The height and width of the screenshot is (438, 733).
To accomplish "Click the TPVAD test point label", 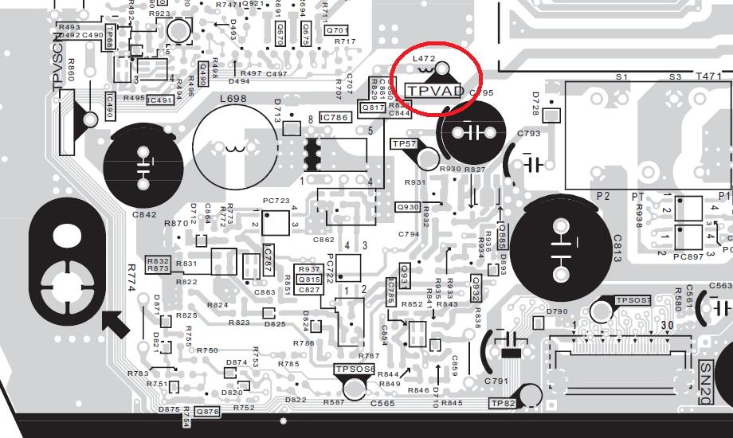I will click(434, 91).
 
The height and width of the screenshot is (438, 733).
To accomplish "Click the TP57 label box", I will click(404, 144).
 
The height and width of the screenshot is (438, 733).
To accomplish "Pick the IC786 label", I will click(335, 118).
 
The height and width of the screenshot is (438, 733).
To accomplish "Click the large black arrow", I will click(116, 323).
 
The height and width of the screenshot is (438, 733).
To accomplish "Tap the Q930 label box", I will click(408, 207).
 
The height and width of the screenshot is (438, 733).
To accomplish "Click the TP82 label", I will click(504, 405).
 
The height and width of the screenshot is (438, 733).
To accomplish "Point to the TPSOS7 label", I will click(633, 300).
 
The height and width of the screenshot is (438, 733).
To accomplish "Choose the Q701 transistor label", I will click(337, 30).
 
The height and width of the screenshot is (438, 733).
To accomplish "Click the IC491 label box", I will click(160, 100).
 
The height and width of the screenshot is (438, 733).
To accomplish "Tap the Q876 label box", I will click(206, 412).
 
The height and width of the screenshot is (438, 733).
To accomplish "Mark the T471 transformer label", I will click(708, 76).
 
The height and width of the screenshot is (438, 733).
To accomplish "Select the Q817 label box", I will click(373, 108).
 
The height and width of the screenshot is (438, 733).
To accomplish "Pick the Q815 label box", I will click(308, 280).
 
